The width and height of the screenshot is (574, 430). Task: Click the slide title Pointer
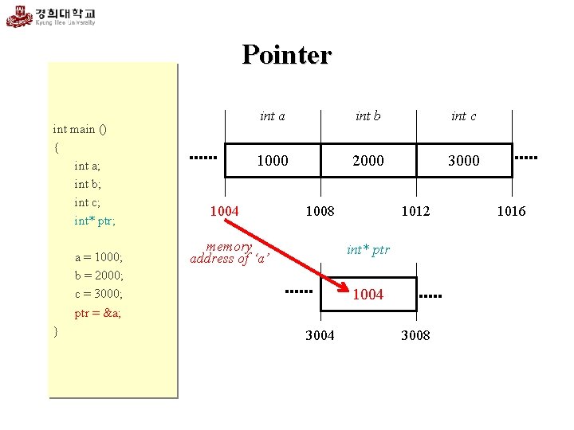point(286,55)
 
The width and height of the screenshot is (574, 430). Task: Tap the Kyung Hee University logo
point(51,17)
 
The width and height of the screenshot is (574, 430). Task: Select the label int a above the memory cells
point(273,116)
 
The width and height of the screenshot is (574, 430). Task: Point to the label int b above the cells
point(368,116)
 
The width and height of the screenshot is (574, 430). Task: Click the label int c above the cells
point(463,116)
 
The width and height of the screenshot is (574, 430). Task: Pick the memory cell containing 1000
point(273,160)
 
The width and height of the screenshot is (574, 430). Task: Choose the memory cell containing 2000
point(368,160)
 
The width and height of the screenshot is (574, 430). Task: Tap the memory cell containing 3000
point(463,160)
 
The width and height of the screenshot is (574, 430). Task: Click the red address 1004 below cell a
point(224,211)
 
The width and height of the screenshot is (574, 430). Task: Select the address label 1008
point(320,211)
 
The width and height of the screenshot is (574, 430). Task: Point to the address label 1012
point(415,211)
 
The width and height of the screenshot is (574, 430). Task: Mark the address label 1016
point(511,211)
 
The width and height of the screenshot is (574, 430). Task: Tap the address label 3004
point(320,335)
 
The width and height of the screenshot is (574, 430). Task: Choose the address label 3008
point(415,335)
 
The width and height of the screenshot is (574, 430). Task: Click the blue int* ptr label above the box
point(368,250)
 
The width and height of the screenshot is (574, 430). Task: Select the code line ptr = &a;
point(98,313)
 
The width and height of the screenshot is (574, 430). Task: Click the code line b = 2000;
point(99,276)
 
